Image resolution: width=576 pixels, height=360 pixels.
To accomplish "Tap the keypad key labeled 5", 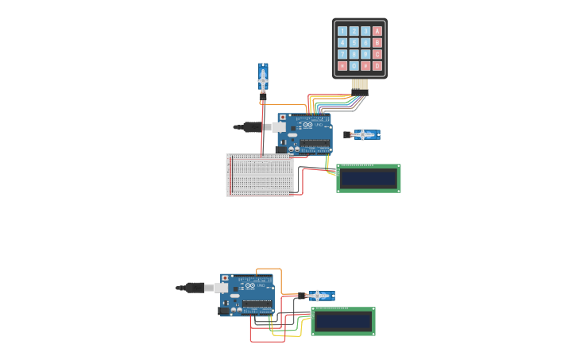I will tap(354, 43).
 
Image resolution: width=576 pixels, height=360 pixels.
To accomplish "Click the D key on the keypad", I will tap(377, 66).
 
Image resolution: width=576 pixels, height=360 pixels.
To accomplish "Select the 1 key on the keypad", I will tap(342, 32).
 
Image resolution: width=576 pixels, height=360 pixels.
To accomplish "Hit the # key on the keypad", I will tap(365, 66).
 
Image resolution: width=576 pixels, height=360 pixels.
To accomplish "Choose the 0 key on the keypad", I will tap(354, 66).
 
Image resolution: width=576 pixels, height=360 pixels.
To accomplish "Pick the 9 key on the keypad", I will tap(365, 55).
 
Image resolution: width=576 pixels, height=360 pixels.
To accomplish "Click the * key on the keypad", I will tap(342, 66).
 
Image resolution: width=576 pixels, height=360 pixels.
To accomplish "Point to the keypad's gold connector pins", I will tap(360, 83).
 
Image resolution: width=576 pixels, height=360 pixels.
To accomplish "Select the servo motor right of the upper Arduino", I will tap(364, 134).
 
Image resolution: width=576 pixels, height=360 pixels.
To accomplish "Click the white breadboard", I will tap(260, 175).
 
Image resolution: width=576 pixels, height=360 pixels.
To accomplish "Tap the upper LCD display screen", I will tap(368, 178).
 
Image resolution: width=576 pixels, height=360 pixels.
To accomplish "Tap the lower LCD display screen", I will tap(342, 321).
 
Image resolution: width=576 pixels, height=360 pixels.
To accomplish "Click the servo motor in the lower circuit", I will tap(319, 296).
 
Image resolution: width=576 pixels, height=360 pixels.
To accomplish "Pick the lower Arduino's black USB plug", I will tap(195, 288).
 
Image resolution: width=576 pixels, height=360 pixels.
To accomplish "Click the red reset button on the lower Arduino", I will tap(226, 278).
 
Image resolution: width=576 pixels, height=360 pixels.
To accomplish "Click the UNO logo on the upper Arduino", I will tap(319, 125).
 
